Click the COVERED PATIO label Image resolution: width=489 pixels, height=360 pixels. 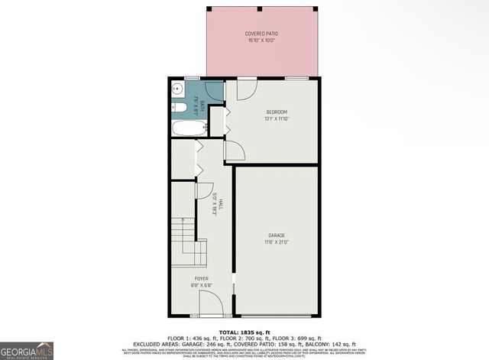click(x=261, y=34)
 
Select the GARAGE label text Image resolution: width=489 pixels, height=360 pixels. click(x=277, y=235)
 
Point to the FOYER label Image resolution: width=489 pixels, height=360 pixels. click(x=202, y=279)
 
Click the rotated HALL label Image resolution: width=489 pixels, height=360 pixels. click(x=221, y=206)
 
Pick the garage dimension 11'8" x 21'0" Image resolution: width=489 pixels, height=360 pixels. click(x=277, y=242)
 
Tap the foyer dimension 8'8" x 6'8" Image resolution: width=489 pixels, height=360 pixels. click(x=202, y=286)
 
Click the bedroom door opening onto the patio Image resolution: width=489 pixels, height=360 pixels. click(x=244, y=89)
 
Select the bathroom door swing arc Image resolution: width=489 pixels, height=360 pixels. click(x=215, y=91)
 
